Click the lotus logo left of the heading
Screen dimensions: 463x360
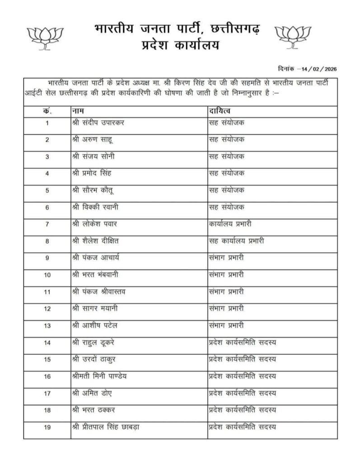(x=44, y=37)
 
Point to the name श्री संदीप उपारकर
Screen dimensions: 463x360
(x=98, y=123)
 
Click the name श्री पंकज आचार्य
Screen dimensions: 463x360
(x=96, y=258)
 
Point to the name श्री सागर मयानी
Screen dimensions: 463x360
(x=96, y=308)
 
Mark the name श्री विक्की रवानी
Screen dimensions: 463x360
(x=96, y=207)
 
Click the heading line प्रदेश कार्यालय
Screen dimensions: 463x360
(x=181, y=46)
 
